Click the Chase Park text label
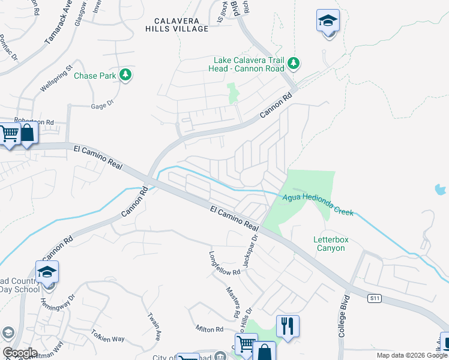tap(95, 76)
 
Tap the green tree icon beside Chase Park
tap(125, 74)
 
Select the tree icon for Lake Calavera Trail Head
tap(294, 63)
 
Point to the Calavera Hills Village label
tap(177, 24)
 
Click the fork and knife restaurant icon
tap(288, 326)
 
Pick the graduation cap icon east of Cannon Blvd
tap(328, 22)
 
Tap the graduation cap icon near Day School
tap(47, 272)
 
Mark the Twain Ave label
tap(154, 324)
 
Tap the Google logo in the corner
tap(20, 352)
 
